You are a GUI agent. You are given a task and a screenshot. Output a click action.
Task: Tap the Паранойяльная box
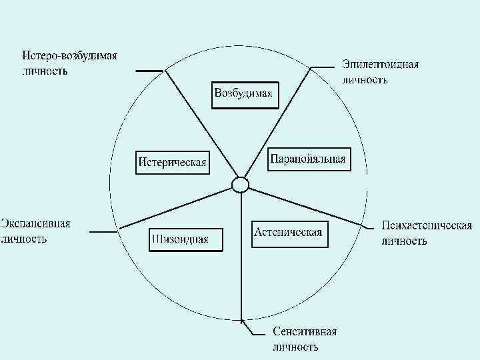click(x=308, y=159)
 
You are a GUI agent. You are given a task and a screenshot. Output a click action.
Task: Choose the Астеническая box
click(x=289, y=233)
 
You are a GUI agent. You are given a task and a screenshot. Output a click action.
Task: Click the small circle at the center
click(x=240, y=184)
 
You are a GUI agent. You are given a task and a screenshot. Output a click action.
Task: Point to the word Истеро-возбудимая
click(x=69, y=55)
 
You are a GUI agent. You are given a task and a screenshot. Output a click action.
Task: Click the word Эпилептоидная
click(x=381, y=65)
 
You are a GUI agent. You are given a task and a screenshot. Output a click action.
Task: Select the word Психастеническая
click(x=427, y=225)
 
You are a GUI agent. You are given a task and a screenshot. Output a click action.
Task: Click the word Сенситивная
click(x=305, y=332)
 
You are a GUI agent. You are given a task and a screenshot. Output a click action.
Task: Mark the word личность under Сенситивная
click(x=295, y=347)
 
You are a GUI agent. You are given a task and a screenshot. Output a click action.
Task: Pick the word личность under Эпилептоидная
click(x=365, y=79)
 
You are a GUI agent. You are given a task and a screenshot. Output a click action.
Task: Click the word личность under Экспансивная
click(x=24, y=238)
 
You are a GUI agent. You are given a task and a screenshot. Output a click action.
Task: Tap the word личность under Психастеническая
click(x=404, y=241)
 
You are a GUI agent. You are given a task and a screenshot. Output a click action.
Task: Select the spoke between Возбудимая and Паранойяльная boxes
click(x=277, y=123)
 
